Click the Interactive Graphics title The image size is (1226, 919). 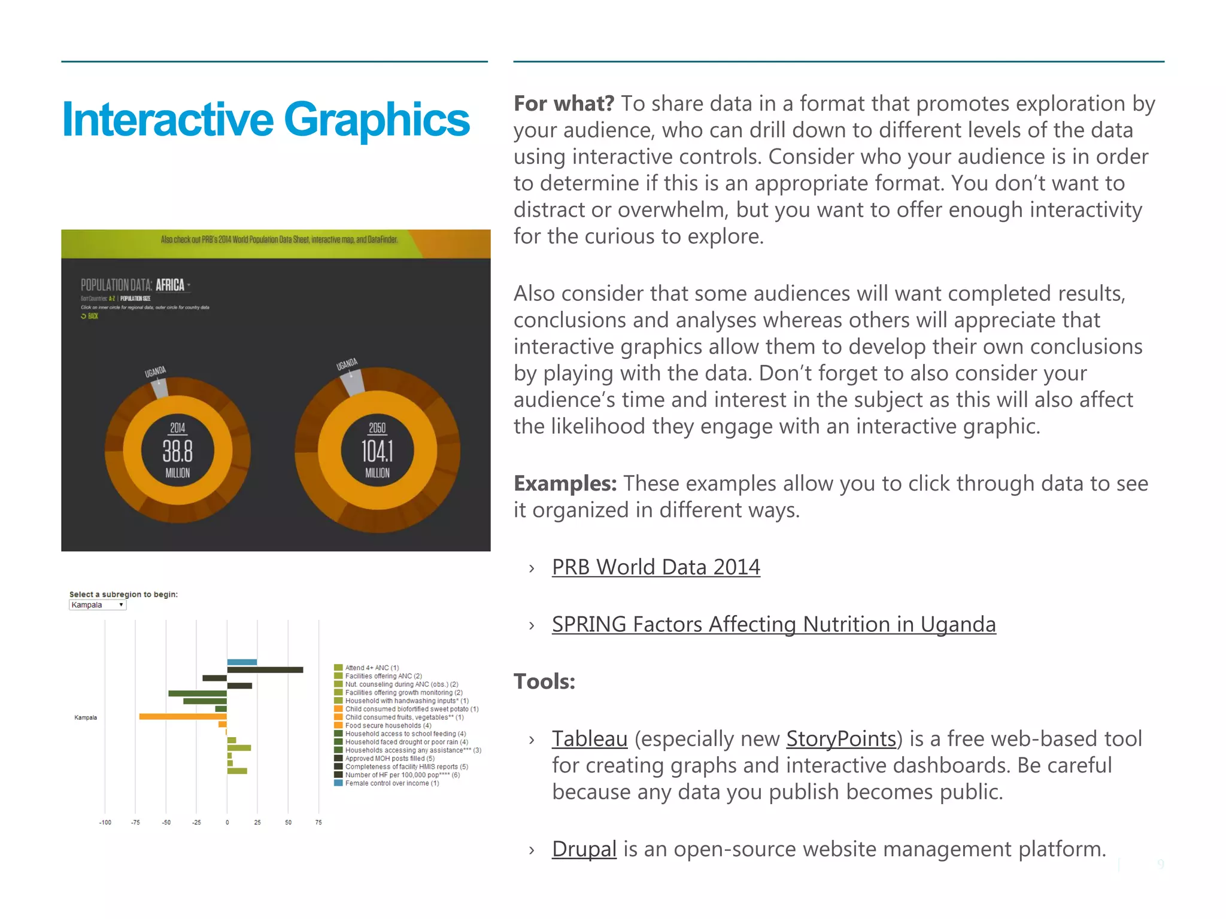click(265, 120)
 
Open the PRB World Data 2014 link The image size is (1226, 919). click(656, 567)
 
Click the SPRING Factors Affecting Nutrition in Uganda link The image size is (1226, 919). click(773, 624)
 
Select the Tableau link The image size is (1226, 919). click(589, 738)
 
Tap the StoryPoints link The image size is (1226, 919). click(840, 738)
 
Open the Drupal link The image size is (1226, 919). click(584, 848)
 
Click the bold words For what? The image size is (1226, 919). click(563, 104)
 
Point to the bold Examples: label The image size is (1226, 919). click(565, 483)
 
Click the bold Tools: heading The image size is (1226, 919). click(544, 681)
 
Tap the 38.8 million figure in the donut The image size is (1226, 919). click(178, 451)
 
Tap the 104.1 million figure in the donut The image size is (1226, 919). click(377, 451)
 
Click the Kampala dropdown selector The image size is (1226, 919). click(98, 605)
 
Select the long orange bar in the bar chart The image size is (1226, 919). click(183, 716)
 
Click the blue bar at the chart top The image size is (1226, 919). click(242, 662)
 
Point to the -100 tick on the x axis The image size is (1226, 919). click(105, 822)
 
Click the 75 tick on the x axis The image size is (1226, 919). click(318, 822)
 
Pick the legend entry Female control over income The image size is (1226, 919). click(392, 783)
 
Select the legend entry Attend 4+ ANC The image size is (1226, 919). click(371, 668)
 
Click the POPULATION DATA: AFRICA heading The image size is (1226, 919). click(135, 285)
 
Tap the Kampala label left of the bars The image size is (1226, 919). click(86, 717)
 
